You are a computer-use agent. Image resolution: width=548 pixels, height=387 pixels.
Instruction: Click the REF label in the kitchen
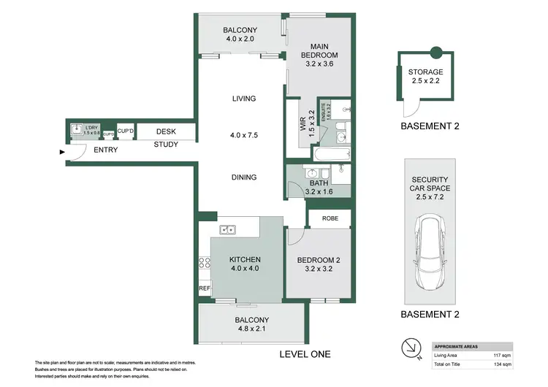point(204,288)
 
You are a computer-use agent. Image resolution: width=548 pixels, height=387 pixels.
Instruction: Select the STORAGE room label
point(425,72)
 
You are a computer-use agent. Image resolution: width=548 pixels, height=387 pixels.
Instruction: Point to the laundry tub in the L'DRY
point(75,130)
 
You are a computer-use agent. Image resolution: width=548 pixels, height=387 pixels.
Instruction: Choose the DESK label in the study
point(166,131)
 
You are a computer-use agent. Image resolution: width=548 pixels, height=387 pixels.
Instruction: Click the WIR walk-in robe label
point(302,126)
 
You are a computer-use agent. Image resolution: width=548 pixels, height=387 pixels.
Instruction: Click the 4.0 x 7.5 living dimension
point(243,135)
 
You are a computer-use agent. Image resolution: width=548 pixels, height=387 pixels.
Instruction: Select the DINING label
point(243,177)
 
